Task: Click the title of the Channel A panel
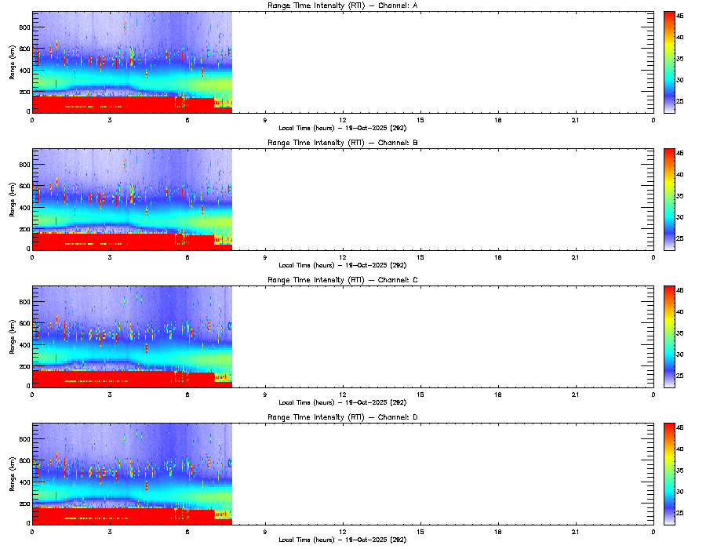tap(342, 6)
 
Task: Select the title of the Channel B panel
tap(342, 144)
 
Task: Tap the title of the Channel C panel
tap(342, 280)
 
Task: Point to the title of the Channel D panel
tap(342, 417)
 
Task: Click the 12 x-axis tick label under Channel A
tap(343, 119)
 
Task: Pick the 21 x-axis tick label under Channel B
tap(576, 256)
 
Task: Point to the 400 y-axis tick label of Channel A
tap(24, 71)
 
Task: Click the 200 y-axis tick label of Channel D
tap(24, 503)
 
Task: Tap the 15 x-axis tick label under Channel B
tap(420, 256)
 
